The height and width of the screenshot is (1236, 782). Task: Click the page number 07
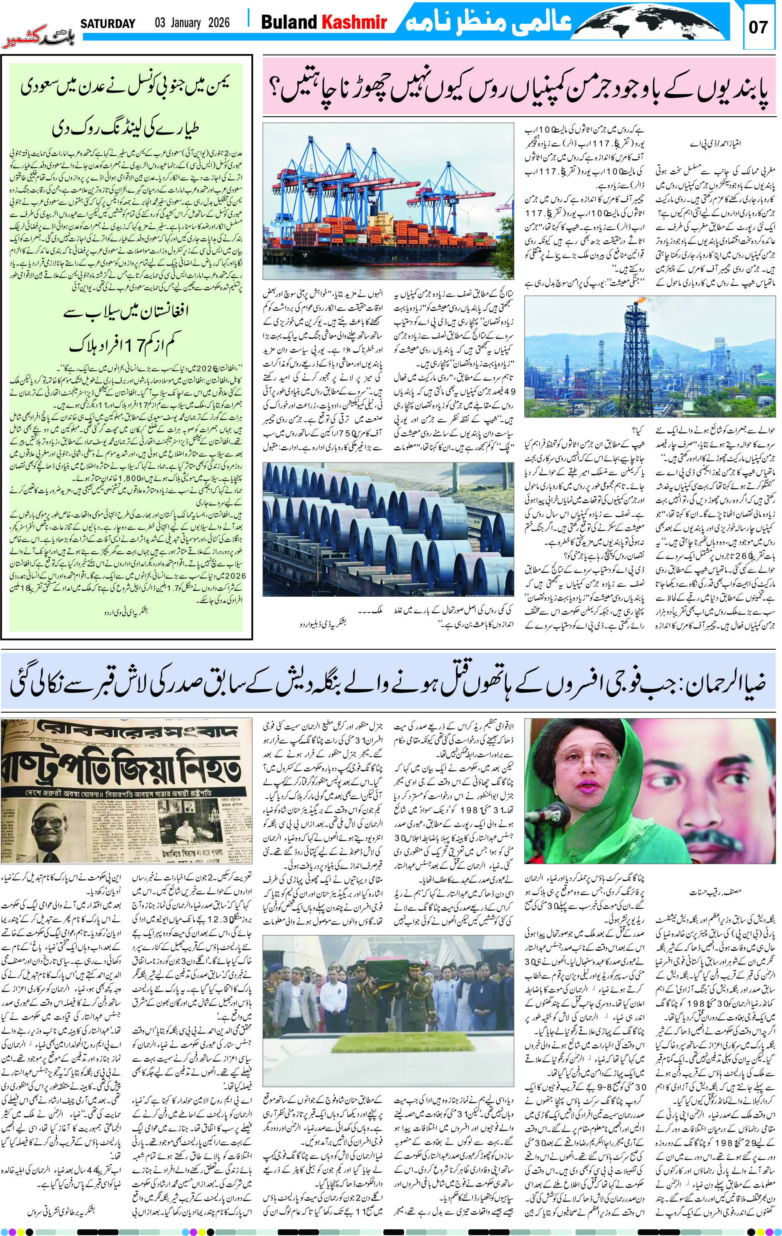pos(758,27)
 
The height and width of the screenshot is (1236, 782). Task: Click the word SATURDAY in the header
pos(108,23)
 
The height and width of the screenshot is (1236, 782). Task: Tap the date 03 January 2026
pos(192,23)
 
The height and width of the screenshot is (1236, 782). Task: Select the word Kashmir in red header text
pos(354,22)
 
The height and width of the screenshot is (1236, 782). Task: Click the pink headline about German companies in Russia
pos(518,86)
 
